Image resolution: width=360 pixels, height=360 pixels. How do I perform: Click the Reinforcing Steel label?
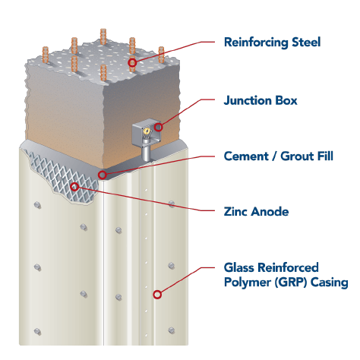272,43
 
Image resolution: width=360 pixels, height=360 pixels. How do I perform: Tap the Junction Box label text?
261,100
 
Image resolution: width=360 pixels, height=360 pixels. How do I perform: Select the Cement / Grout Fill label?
278,156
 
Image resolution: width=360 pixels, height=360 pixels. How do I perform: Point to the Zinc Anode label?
256,211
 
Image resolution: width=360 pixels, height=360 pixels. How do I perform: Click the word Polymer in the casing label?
248,283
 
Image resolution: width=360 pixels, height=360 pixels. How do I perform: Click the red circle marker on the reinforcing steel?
132,62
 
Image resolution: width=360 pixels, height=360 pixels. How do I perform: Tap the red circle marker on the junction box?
159,127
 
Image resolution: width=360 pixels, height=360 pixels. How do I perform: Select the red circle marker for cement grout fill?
102,175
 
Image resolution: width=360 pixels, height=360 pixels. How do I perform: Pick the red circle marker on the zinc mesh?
74,187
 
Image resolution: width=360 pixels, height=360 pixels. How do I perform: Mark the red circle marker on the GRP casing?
157,295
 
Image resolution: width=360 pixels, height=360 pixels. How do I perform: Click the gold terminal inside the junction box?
147,131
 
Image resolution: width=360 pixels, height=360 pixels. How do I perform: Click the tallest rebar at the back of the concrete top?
103,36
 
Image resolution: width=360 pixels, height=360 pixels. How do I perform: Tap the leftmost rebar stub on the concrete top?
46,55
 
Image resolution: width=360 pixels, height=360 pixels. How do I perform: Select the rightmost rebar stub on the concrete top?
161,55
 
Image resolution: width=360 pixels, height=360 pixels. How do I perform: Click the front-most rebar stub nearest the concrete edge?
103,73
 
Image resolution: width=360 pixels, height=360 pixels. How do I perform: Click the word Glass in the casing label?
240,267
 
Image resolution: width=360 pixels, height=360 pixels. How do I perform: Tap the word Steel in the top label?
306,42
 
